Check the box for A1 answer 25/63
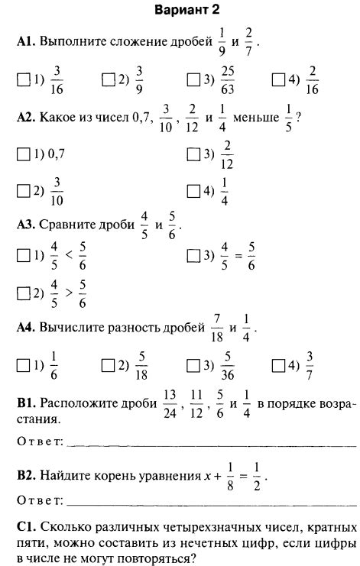193,78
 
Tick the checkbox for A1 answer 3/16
21,78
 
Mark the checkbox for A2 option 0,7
21,154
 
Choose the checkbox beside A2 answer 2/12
193,154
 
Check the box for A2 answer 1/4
193,190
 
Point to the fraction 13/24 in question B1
169,403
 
